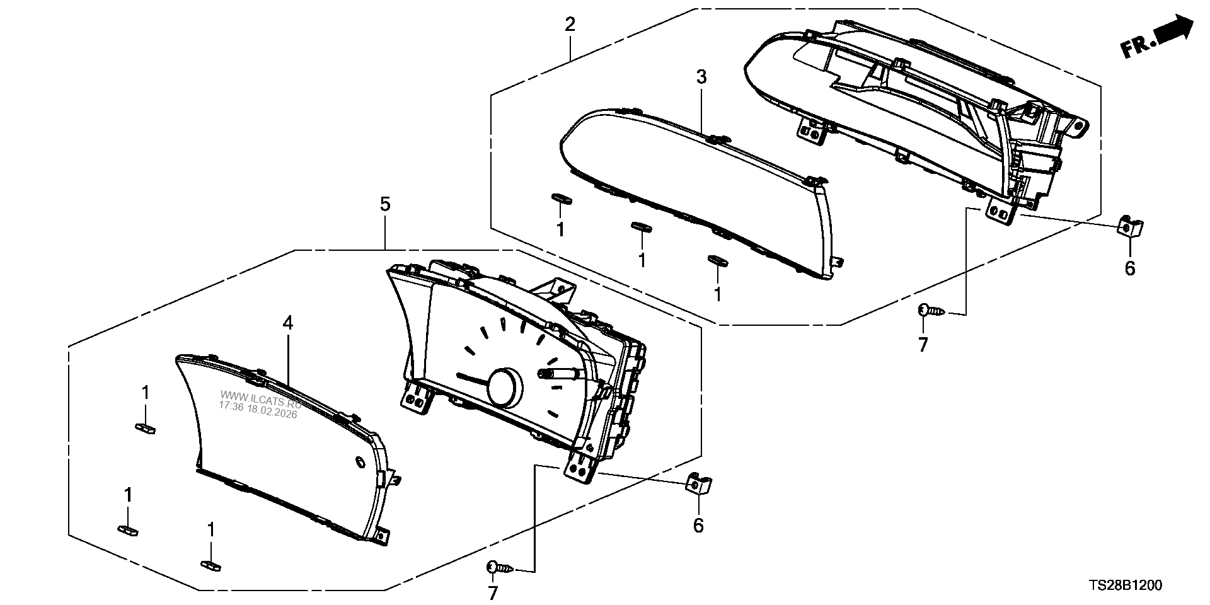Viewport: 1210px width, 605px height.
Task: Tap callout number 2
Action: [570, 25]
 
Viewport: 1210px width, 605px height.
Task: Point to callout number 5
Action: [385, 204]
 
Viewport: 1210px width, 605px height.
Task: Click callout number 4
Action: [287, 323]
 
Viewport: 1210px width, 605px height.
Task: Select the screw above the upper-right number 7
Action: [930, 309]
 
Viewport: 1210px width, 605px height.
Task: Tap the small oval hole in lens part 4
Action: [360, 463]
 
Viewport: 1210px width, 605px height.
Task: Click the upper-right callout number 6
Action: [1130, 269]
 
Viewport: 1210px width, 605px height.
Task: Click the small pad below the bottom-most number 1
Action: [210, 565]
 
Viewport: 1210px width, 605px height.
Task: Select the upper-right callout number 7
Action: [923, 345]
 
